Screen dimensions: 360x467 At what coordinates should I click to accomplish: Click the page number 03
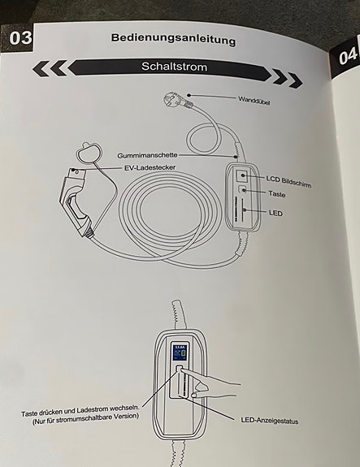click(x=20, y=38)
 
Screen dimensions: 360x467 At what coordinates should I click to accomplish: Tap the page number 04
click(x=348, y=56)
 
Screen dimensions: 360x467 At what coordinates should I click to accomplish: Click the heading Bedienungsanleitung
click(x=173, y=39)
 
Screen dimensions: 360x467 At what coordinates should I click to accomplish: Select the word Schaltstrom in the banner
click(x=174, y=66)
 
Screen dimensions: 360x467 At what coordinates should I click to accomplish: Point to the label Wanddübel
click(x=254, y=100)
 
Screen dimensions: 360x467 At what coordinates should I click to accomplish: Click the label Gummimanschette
click(x=147, y=155)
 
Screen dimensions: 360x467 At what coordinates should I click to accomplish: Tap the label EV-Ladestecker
click(x=150, y=167)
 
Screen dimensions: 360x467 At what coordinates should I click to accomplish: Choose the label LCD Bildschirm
click(x=288, y=182)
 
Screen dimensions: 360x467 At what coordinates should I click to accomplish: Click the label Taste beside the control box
click(x=276, y=194)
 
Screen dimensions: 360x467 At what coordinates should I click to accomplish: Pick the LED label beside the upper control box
click(x=275, y=213)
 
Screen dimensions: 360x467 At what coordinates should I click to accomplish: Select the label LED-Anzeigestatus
click(x=270, y=421)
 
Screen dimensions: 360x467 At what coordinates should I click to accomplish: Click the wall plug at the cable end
click(x=178, y=101)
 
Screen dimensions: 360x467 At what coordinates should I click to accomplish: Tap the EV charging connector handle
click(x=76, y=202)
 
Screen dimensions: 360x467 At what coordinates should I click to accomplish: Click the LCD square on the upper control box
click(x=241, y=175)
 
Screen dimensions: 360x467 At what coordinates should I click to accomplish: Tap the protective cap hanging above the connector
click(x=89, y=152)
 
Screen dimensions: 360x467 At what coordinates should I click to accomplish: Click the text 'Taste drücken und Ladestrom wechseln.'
click(x=80, y=410)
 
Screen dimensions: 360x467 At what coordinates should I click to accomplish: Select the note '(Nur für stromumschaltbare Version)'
click(x=85, y=419)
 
